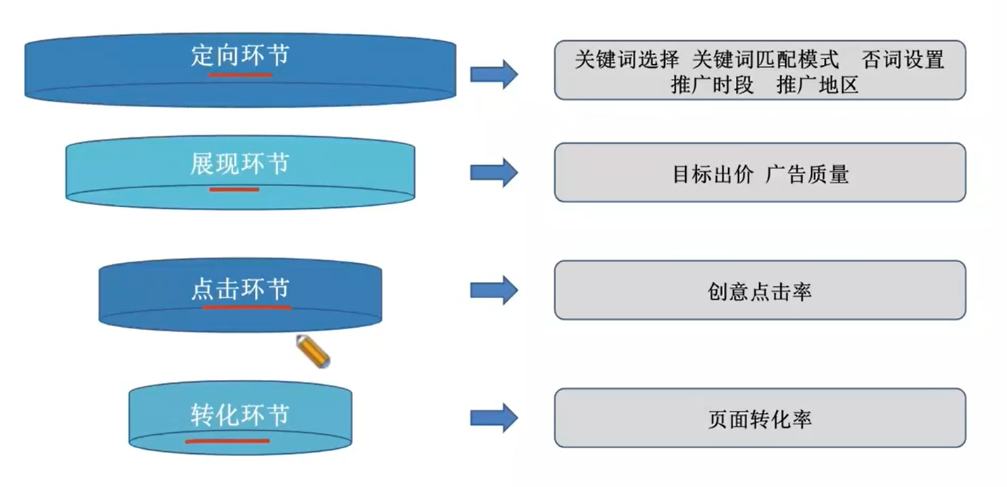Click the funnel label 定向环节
240,56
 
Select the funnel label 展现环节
240,163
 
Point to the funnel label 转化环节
240,414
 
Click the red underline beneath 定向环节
240,75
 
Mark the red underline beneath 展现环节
234,190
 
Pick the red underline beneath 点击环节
246,308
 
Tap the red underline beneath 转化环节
227,441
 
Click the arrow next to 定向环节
494,74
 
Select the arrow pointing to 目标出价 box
494,173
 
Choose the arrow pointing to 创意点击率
494,290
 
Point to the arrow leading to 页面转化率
494,418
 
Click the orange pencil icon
313,351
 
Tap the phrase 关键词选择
627,59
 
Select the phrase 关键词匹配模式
765,59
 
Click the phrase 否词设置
903,59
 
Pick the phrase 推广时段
712,85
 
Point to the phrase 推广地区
818,85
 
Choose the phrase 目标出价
713,174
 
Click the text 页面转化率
760,419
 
